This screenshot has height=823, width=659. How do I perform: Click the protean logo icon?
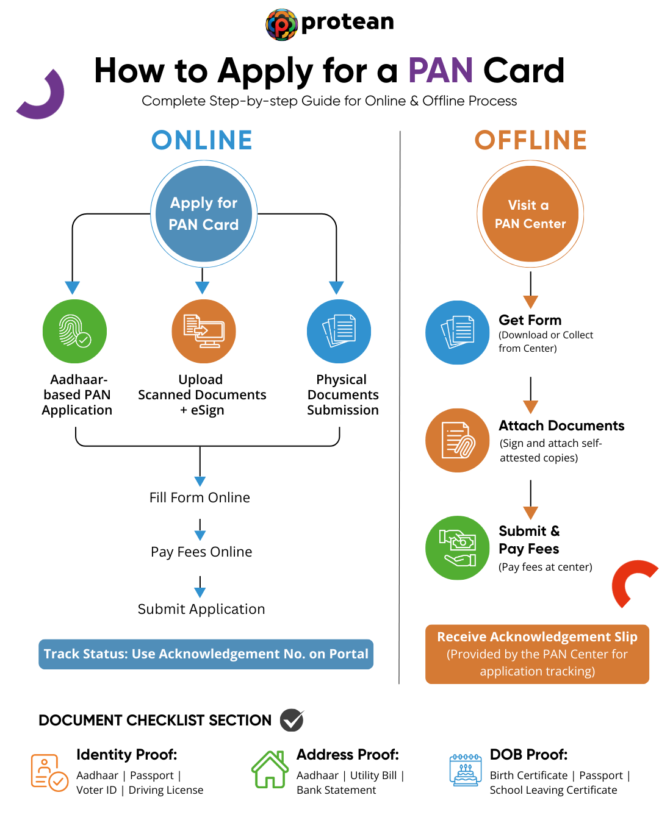281,24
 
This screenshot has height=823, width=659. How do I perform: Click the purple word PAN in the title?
441,71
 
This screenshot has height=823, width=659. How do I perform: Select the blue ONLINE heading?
202,140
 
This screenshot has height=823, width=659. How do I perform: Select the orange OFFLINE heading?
531,140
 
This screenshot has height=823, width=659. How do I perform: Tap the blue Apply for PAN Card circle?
204,214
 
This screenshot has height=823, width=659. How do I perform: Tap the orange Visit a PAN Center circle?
530,214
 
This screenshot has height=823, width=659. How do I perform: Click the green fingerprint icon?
74,331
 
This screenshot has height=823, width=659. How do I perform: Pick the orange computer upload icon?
204,331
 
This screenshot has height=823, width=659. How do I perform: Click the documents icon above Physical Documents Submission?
339,331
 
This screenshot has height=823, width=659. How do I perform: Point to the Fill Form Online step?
200,497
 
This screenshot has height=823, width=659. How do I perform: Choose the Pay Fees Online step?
201,552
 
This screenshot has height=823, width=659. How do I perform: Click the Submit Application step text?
201,609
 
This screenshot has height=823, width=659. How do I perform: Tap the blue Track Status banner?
206,654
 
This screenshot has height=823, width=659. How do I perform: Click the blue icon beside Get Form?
457,332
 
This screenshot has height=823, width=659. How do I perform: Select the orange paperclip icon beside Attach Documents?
457,440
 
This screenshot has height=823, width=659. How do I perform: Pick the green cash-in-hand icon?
457,547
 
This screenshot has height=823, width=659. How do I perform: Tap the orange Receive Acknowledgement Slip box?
537,654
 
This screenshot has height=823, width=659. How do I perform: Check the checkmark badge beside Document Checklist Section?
292,720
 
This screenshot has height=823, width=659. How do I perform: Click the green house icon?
270,769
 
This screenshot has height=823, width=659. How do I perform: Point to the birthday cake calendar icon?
465,771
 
